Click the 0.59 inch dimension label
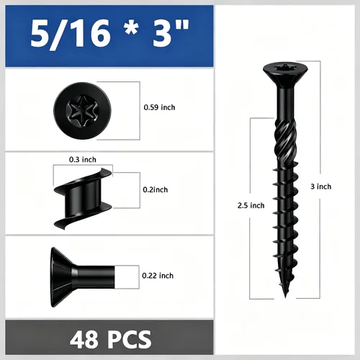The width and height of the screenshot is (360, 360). click(x=159, y=107)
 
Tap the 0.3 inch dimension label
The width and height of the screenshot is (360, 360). click(x=83, y=160)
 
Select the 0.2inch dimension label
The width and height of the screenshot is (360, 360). click(x=156, y=189)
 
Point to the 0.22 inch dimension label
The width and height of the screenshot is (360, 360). click(x=158, y=276)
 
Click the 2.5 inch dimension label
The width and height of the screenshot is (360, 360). click(x=251, y=205)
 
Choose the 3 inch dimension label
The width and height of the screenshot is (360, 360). click(x=321, y=186)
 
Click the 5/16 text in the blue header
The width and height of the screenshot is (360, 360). click(x=71, y=34)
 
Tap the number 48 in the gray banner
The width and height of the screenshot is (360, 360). click(x=84, y=339)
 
